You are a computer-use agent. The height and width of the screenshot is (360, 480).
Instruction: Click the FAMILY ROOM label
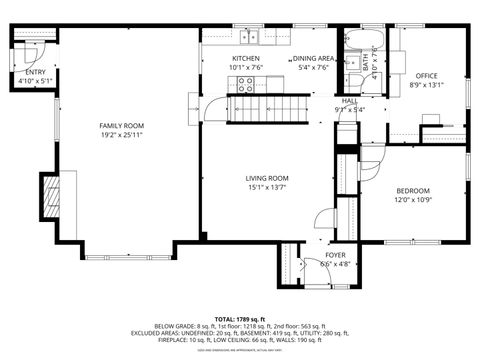(x=121, y=125)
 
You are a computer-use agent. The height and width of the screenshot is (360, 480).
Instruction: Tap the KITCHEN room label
(x=246, y=59)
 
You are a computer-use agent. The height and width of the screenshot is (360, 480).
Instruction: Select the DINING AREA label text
(x=313, y=59)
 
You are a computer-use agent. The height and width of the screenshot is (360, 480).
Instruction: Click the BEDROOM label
(x=412, y=191)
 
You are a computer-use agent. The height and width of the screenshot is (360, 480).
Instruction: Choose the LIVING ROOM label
(x=267, y=178)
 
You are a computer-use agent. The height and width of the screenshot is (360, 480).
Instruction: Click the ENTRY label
(x=35, y=72)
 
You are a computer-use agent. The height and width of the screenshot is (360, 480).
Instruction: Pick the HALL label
(x=349, y=101)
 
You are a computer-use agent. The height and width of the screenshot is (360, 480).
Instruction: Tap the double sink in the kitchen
(x=250, y=38)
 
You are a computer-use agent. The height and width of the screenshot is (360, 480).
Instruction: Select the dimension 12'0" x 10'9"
(x=412, y=199)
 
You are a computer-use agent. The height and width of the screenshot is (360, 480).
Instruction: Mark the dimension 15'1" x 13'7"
(x=267, y=187)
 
